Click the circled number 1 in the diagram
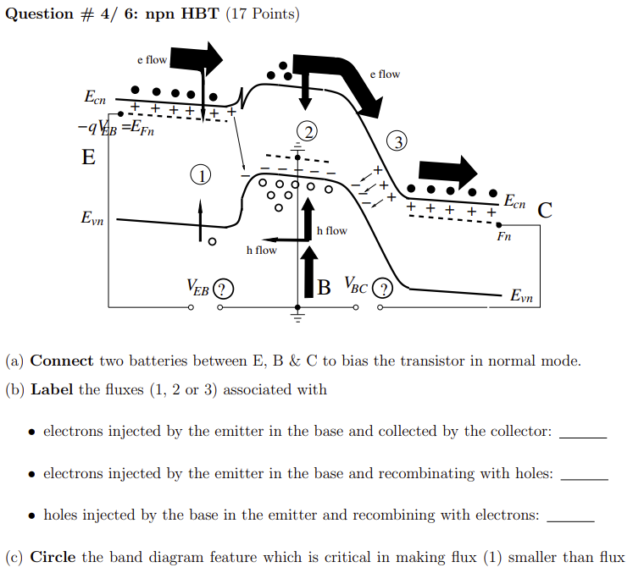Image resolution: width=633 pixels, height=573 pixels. click(200, 175)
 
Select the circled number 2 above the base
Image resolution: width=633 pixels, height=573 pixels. click(308, 130)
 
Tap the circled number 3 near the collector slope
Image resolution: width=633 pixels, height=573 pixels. click(396, 140)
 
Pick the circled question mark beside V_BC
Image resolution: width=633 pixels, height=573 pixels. click(383, 289)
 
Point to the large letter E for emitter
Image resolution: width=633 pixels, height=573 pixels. click(88, 157)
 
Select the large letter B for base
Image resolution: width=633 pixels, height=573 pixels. click(325, 288)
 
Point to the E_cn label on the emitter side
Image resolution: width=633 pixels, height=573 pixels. click(95, 98)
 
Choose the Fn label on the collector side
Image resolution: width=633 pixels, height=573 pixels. click(503, 237)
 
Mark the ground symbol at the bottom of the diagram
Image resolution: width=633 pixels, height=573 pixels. click(297, 317)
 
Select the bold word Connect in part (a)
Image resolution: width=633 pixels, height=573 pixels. click(62, 361)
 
